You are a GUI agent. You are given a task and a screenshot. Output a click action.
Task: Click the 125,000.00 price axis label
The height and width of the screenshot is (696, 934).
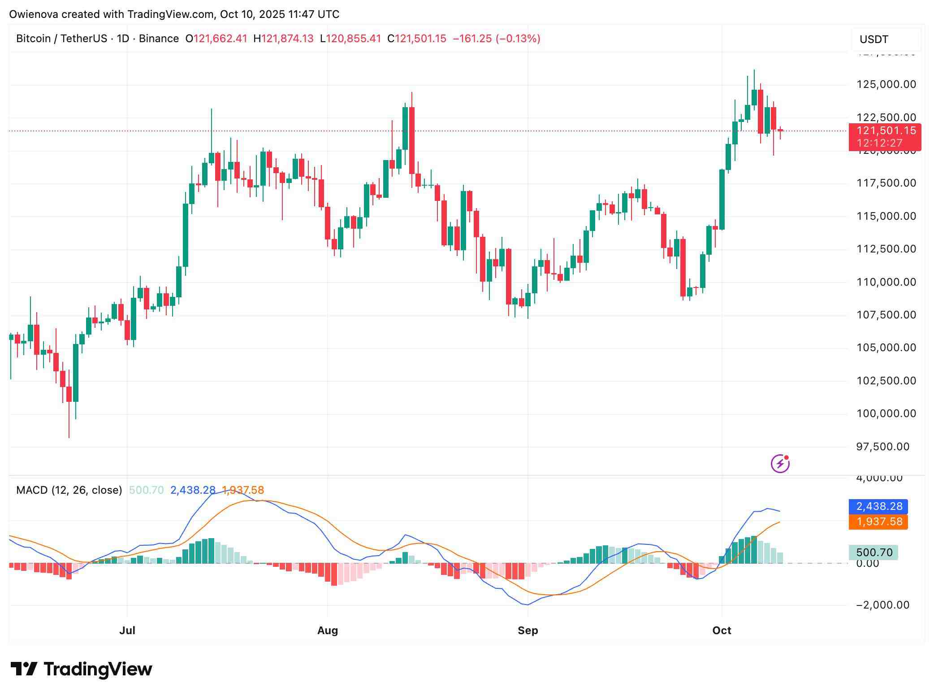[886, 84]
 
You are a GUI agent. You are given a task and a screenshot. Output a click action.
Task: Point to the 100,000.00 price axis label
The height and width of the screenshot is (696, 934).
[886, 413]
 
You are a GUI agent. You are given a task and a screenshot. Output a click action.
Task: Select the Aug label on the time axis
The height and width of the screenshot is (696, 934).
[328, 631]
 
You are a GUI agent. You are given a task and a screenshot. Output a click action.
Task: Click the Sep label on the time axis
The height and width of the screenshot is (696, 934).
[528, 631]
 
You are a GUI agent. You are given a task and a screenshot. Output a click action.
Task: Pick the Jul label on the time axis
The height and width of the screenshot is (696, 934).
[127, 631]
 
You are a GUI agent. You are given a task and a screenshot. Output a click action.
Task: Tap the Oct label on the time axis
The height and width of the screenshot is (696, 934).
[722, 631]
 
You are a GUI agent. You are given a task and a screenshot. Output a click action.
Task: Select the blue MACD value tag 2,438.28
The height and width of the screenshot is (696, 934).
[878, 506]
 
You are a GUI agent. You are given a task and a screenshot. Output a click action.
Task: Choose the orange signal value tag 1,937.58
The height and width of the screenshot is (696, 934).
[878, 522]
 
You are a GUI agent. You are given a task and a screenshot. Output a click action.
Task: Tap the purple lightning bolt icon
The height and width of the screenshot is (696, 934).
[780, 464]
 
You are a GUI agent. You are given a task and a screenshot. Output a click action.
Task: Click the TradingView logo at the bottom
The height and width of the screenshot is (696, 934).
[82, 670]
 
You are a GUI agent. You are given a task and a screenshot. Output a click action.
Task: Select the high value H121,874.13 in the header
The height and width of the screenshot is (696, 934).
[283, 39]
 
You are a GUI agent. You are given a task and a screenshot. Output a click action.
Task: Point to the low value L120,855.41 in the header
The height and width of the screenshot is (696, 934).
[350, 39]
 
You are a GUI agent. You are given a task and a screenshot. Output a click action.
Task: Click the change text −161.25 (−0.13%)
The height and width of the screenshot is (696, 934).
[497, 39]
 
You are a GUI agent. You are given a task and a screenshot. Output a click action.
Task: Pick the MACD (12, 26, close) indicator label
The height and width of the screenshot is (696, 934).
[69, 490]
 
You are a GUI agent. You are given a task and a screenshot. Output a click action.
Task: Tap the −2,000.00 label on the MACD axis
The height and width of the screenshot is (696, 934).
[882, 605]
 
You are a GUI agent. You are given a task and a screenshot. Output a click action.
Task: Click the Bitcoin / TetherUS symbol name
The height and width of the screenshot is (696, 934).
[61, 39]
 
